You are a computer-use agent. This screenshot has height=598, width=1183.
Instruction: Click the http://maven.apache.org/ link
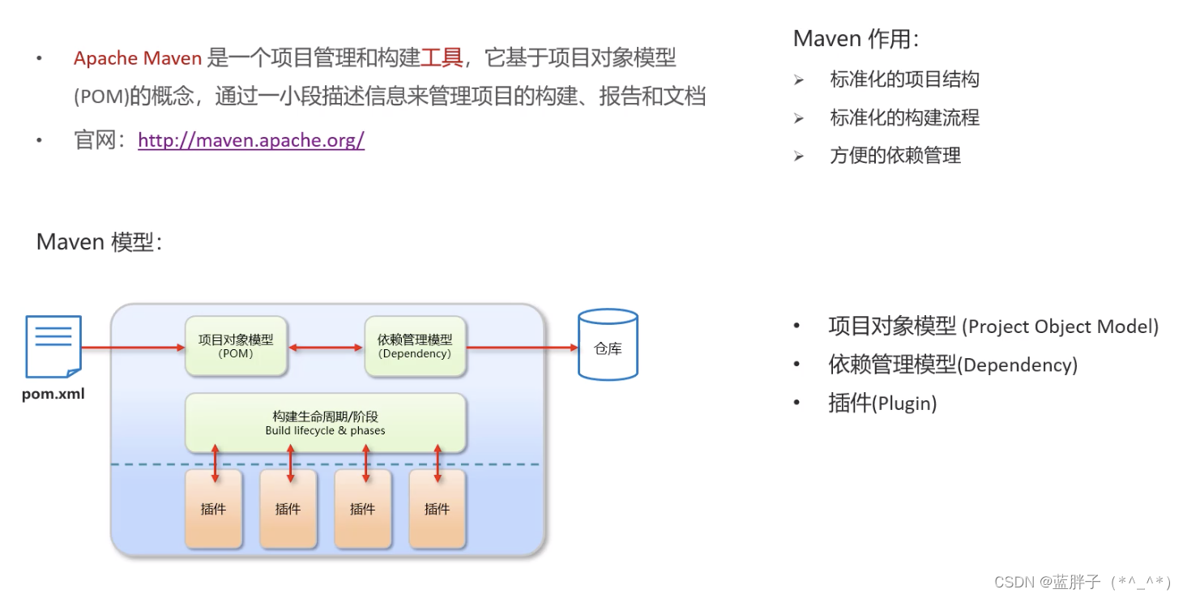pos(251,140)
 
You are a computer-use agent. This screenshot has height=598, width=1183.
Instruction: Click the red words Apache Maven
pos(137,58)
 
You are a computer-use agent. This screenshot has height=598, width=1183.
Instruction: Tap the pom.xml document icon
pos(53,347)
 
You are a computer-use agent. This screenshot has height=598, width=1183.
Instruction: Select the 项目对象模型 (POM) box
pos(236,346)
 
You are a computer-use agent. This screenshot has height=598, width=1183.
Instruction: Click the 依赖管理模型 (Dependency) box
pos(415,346)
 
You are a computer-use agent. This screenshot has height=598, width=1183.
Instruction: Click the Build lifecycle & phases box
pos(325,423)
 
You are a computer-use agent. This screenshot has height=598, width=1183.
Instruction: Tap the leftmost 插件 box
pos(213,508)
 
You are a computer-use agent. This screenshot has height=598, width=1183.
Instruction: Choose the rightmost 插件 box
pos(437,508)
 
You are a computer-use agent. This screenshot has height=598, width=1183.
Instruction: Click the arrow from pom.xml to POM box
pos(134,348)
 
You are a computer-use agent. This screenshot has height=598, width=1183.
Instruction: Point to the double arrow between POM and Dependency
pos(326,348)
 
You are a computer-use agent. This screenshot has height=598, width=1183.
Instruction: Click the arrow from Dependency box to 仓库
pos(523,348)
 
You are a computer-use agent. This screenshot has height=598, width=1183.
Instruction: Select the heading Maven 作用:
pos(856,39)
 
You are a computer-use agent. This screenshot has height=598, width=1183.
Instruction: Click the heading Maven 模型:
pos(99,241)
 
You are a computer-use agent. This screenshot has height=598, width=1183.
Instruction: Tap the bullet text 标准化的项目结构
pos(904,79)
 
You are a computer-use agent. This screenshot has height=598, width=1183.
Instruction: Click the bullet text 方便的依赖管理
pos(895,156)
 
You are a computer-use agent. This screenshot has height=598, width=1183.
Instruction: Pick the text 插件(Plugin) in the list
pos(882,403)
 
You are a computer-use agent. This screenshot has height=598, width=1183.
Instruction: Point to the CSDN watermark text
pos(1082,582)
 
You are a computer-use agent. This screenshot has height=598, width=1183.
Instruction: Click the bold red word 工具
pos(442,58)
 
